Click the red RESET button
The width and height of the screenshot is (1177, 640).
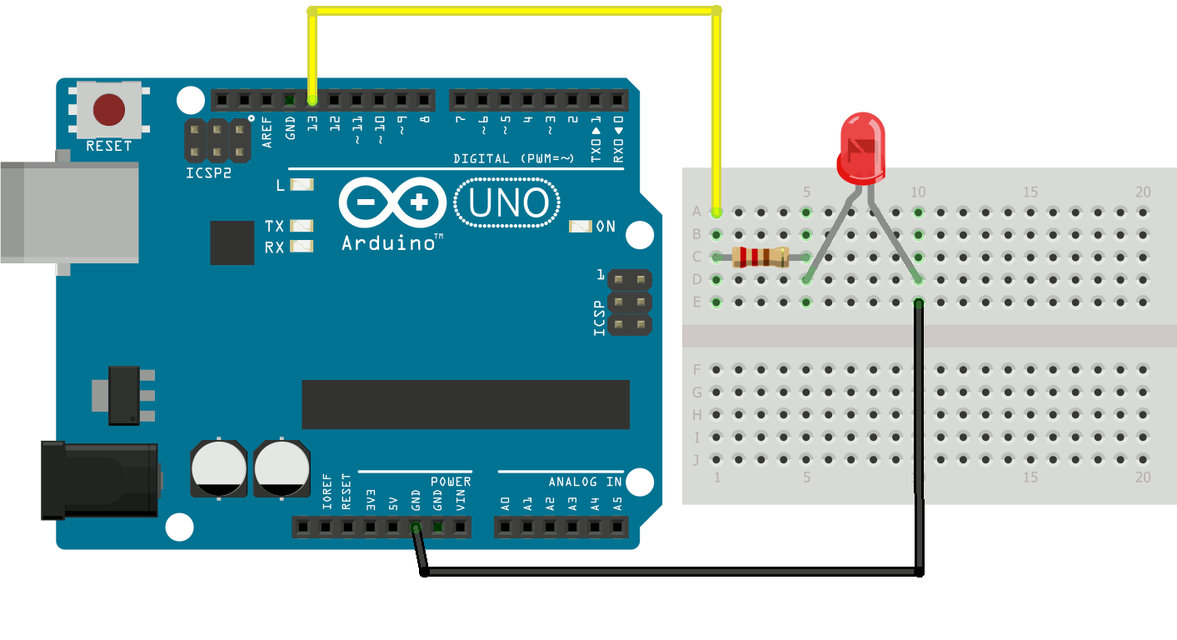click(109, 109)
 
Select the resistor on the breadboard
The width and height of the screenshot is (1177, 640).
click(761, 257)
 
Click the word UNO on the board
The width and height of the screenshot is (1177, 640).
click(507, 203)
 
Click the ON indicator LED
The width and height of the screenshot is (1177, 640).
click(580, 226)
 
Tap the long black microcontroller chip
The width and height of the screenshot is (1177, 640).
click(465, 404)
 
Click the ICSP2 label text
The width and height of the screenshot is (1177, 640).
click(208, 175)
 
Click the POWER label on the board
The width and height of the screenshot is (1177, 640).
click(451, 482)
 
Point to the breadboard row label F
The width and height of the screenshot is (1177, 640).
click(697, 369)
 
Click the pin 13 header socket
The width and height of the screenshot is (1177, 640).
click(312, 101)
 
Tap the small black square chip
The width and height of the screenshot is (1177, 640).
click(232, 242)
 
